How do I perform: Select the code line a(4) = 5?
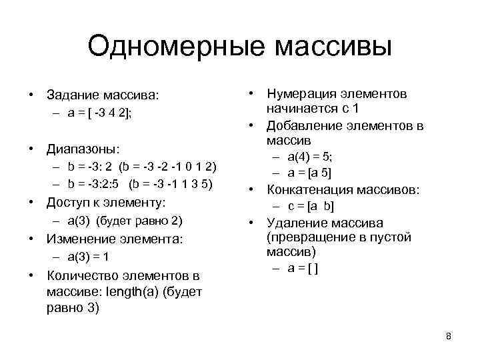(309, 157)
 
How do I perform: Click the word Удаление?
(294, 223)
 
